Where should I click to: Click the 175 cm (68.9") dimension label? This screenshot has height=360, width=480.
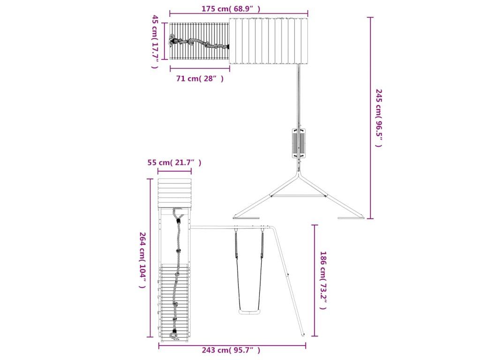[x=231, y=8]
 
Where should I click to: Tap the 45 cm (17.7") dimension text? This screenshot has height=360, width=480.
[x=155, y=42]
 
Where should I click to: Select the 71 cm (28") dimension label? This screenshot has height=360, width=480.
[x=200, y=79]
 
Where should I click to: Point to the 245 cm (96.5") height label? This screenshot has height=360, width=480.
[x=379, y=118]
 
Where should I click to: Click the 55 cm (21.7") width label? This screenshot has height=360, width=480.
[x=174, y=163]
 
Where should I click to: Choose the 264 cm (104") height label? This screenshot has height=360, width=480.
[x=142, y=260]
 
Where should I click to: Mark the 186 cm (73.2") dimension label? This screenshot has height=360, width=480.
[x=323, y=280]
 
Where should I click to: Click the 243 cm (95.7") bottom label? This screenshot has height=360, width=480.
[x=231, y=350]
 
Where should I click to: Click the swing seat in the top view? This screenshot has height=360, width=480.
[x=298, y=143]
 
